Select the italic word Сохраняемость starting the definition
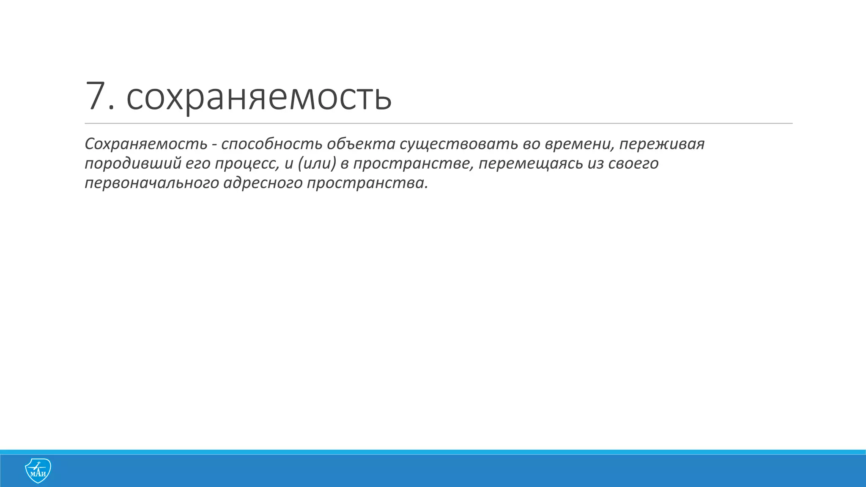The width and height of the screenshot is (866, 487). (x=146, y=144)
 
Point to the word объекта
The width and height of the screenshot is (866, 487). (x=361, y=144)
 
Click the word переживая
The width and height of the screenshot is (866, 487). (x=662, y=144)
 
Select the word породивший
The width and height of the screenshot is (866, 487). (x=133, y=164)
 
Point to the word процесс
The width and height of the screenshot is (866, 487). (x=247, y=164)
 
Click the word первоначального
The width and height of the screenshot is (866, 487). (x=151, y=183)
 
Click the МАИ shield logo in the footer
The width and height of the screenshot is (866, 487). (x=38, y=471)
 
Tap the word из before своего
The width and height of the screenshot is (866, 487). (x=595, y=164)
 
